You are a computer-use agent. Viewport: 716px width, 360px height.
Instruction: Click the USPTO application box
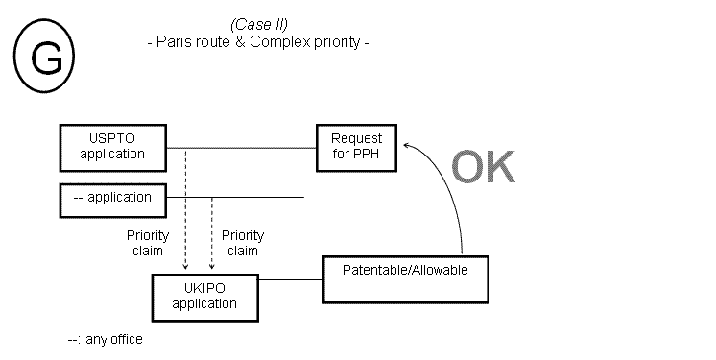point(112,147)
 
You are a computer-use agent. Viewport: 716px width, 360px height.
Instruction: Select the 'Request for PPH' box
point(356,147)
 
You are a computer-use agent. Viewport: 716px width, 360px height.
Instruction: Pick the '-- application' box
point(112,198)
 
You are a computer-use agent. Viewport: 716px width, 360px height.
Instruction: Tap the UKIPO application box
point(204,297)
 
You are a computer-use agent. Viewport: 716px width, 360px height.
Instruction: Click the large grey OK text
point(484,166)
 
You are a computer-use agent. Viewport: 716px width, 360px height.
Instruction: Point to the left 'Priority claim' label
point(148,243)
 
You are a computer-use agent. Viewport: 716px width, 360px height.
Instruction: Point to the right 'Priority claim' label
point(243,243)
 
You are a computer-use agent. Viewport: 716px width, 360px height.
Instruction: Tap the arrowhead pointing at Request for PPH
point(408,145)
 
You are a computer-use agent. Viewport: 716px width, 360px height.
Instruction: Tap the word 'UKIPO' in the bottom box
point(204,290)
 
